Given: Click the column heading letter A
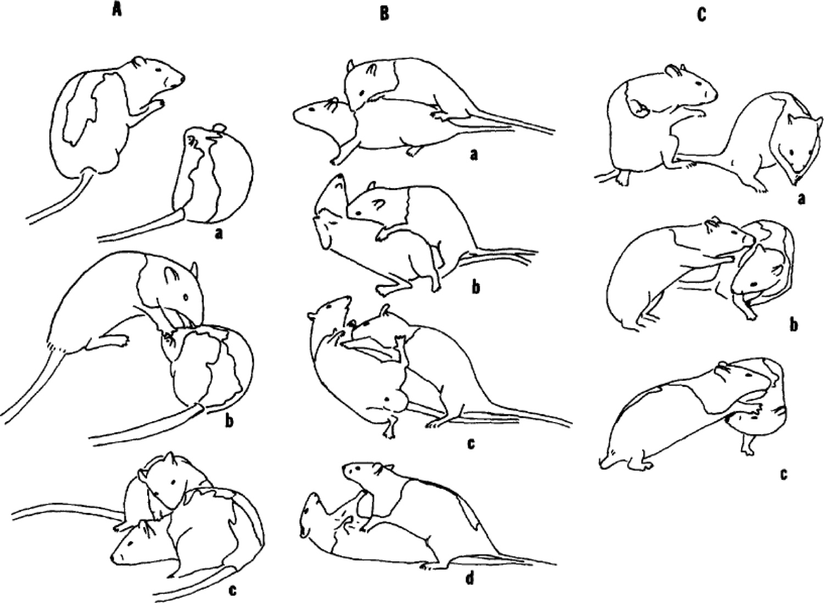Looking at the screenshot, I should point(116,12).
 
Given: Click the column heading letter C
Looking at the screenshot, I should point(701,15).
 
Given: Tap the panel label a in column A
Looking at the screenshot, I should point(219,235).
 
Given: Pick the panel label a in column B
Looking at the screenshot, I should point(474,156).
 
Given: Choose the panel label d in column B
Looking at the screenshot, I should point(470,578).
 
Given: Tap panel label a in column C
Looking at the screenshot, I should point(800,198).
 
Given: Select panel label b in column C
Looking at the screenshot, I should point(793,325).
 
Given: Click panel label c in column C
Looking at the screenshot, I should point(784,472).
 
